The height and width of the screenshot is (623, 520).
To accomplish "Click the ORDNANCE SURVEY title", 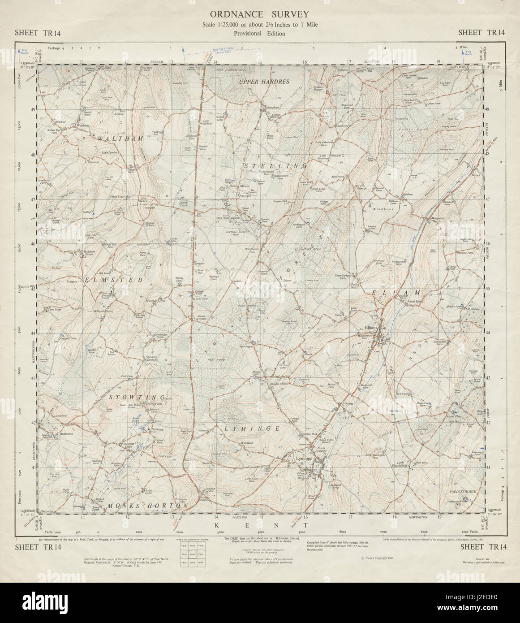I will click(x=259, y=15).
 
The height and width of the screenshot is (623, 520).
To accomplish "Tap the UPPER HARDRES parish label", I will click(x=264, y=82).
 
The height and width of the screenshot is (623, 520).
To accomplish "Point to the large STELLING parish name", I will click(x=275, y=166).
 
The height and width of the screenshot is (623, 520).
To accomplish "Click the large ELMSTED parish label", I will click(x=113, y=280).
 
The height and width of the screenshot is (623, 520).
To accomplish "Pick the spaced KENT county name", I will click(x=260, y=525).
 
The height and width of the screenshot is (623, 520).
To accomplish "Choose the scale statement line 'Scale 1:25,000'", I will click(x=259, y=25).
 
